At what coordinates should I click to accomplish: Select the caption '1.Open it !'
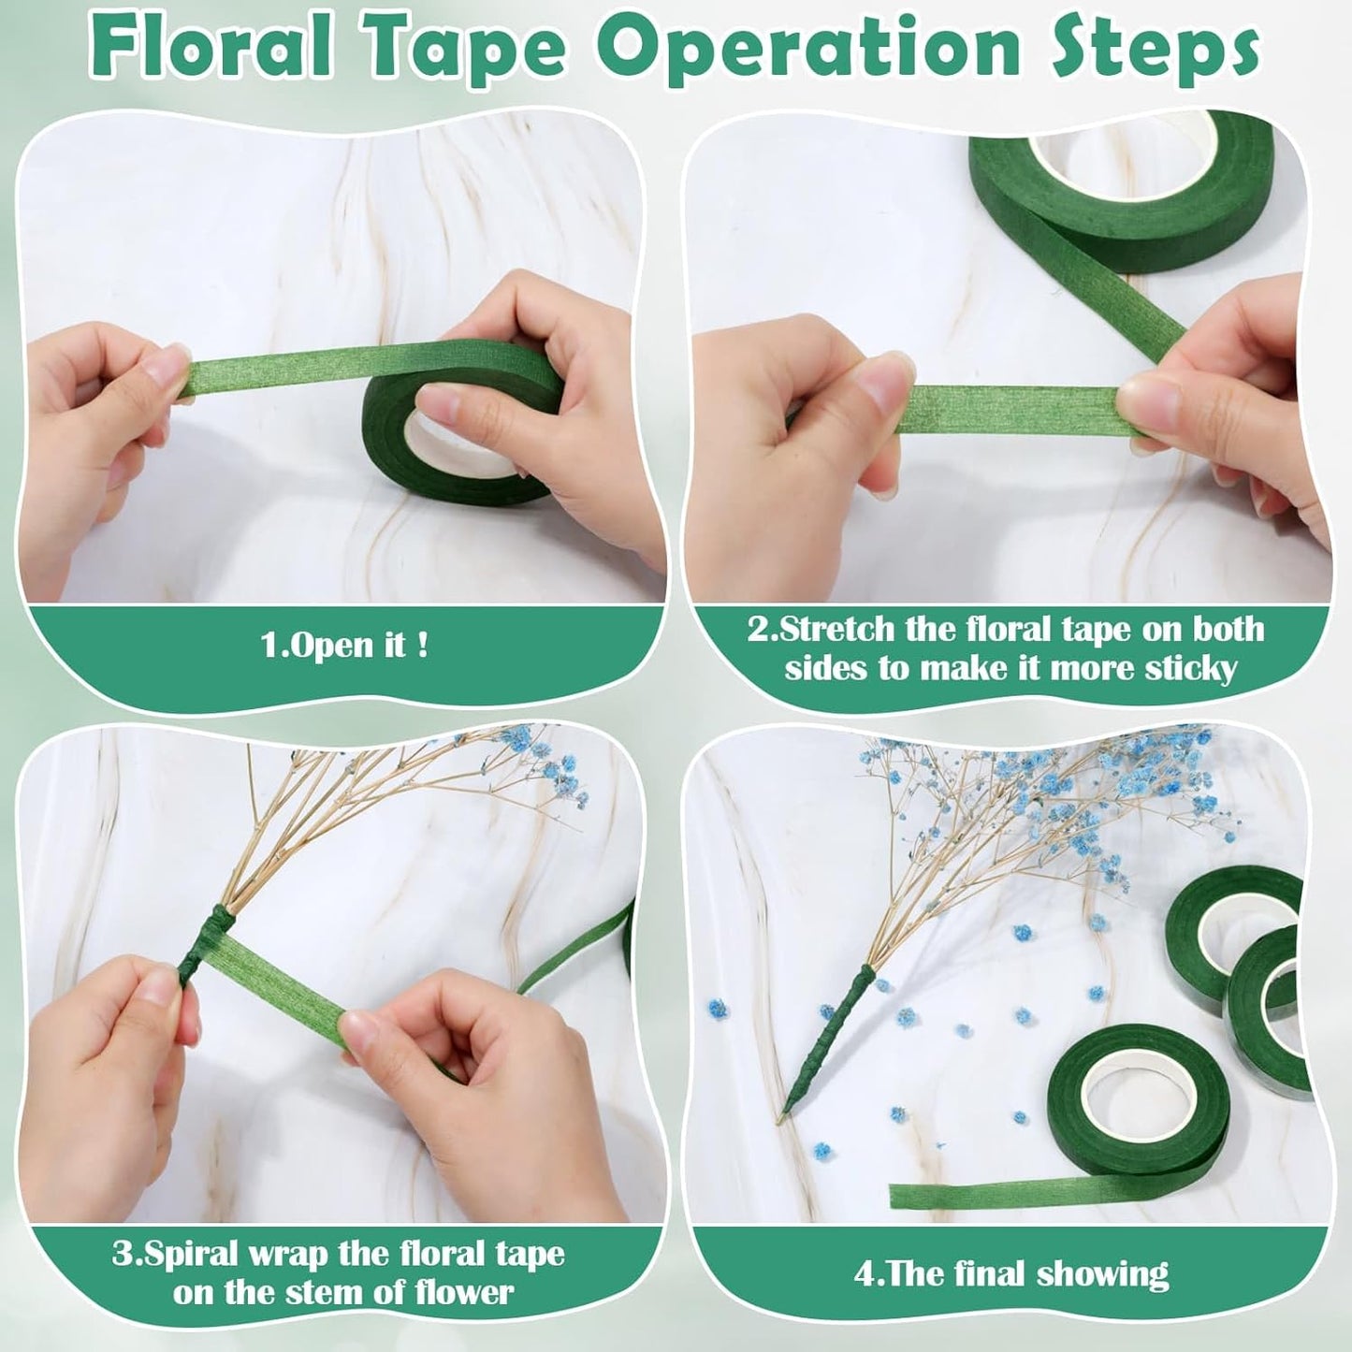pos(344,647)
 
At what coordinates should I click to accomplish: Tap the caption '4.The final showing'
pos(1011,1273)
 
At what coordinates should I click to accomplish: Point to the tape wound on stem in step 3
pos(197,945)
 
